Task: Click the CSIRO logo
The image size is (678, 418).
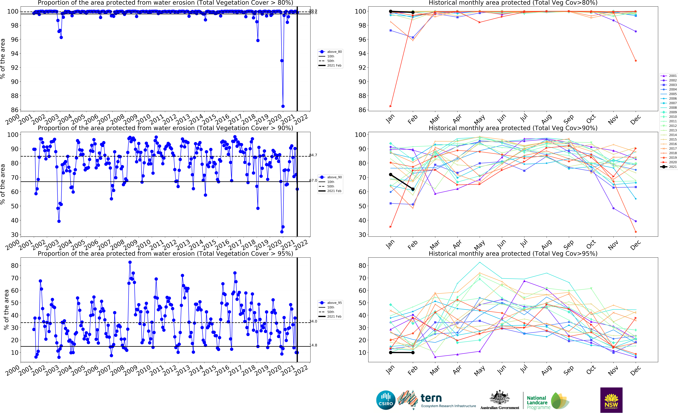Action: pyautogui.click(x=386, y=400)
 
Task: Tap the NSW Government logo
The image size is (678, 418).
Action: pyautogui.click(x=611, y=400)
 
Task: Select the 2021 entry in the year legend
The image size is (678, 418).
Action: pyautogui.click(x=669, y=167)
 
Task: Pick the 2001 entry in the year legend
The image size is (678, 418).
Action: pyautogui.click(x=669, y=76)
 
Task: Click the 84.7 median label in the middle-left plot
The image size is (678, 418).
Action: pyautogui.click(x=313, y=155)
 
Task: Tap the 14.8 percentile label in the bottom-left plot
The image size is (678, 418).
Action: pyautogui.click(x=313, y=345)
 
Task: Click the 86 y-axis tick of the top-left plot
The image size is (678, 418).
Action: pyautogui.click(x=14, y=110)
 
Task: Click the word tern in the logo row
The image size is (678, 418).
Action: pyautogui.click(x=431, y=398)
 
